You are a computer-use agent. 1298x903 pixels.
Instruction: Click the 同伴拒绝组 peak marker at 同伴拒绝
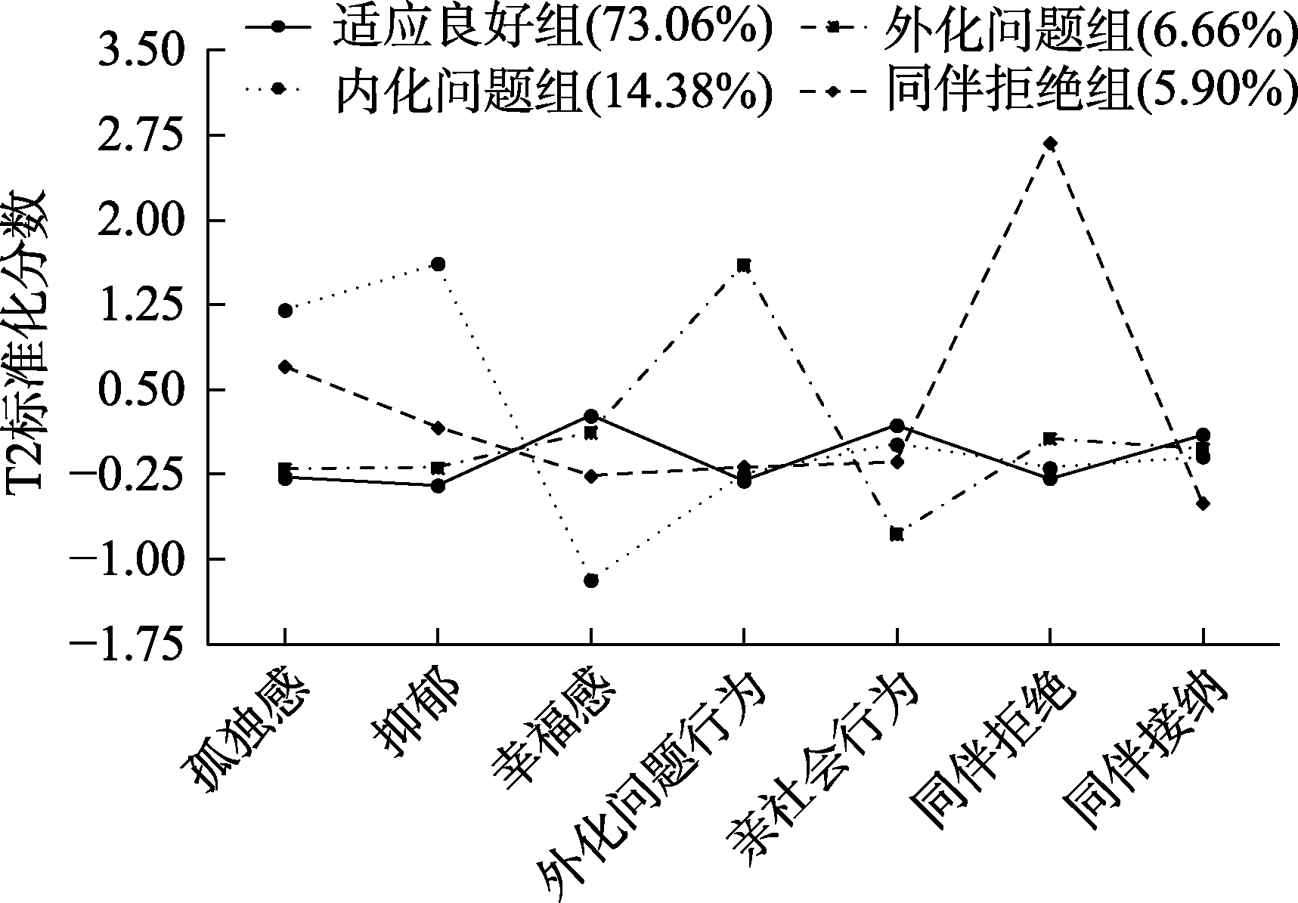point(1049,144)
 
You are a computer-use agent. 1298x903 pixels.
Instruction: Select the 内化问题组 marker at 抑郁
point(438,264)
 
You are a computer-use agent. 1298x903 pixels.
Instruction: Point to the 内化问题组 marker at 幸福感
point(591,580)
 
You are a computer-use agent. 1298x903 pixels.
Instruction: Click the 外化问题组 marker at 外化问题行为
point(744,265)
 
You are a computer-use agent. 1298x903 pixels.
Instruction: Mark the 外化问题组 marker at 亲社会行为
point(897,534)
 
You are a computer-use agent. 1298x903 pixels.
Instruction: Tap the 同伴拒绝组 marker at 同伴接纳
point(1202,503)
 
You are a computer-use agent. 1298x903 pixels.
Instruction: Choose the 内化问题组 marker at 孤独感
point(285,311)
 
